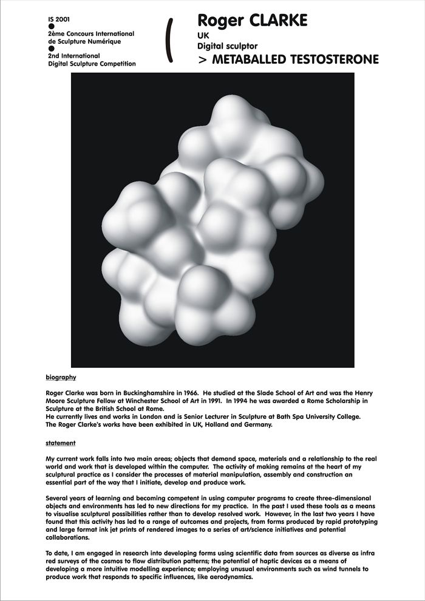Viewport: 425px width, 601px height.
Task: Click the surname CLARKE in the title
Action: [x=277, y=22]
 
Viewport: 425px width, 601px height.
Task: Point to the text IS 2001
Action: [x=58, y=19]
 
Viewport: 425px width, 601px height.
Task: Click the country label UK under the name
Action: [x=203, y=36]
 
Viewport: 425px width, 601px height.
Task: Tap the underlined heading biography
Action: [x=61, y=377]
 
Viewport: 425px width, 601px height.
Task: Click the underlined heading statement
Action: [x=60, y=443]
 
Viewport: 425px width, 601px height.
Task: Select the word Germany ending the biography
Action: [x=257, y=424]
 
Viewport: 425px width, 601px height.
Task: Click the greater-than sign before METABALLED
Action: [x=202, y=59]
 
